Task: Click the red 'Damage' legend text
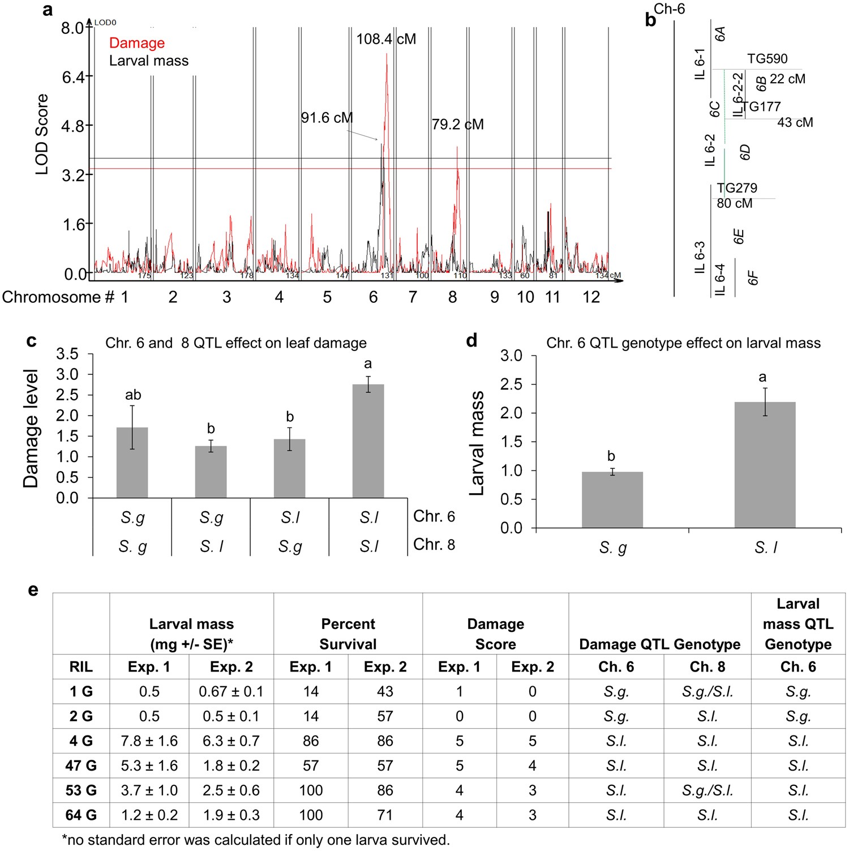pos(136,43)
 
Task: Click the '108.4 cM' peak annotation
pos(386,39)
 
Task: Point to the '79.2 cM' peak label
pos(457,125)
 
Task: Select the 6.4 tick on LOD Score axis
pos(73,77)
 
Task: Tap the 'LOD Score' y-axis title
pos(42,134)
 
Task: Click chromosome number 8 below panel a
pos(452,297)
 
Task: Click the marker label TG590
pos(767,59)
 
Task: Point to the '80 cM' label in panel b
pos(734,203)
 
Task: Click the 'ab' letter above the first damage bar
pos(133,395)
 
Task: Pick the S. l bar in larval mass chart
pos(765,464)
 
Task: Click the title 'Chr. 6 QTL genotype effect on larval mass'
pos(683,343)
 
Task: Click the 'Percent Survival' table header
pos(348,634)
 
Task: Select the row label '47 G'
pos(81,766)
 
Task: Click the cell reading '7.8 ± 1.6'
pos(149,741)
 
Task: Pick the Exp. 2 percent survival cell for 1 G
pos(385,691)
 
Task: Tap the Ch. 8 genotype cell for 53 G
pos(707,790)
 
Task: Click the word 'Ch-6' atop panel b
pos(669,9)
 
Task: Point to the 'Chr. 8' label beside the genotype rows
pos(434,545)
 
